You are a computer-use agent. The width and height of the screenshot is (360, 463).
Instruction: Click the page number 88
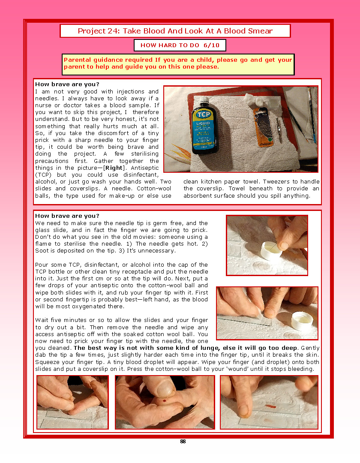(183, 442)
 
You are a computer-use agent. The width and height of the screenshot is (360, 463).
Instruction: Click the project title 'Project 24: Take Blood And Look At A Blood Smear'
(175, 31)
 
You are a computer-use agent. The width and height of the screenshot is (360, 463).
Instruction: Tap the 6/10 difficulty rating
(212, 45)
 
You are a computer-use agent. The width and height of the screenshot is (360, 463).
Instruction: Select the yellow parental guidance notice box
(178, 64)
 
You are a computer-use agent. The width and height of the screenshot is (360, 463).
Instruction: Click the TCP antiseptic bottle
(205, 126)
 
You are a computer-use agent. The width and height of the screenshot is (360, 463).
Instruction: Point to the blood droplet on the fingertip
(164, 401)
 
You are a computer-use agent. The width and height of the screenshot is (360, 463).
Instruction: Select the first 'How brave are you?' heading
(67, 84)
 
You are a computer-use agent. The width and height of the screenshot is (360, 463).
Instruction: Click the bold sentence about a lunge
(185, 348)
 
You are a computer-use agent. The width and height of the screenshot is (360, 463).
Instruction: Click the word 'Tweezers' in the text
(276, 182)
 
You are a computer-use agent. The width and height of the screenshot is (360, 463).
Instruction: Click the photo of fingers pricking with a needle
(72, 402)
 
